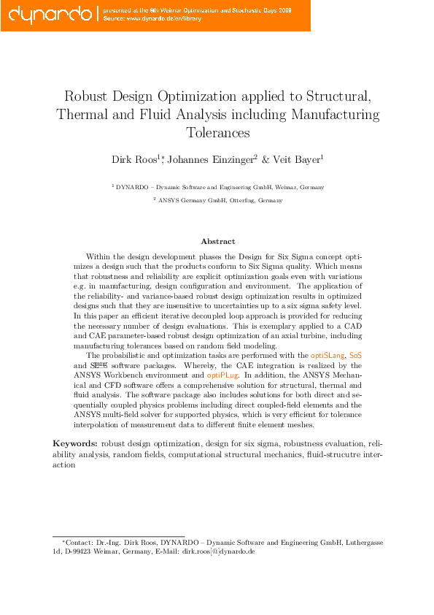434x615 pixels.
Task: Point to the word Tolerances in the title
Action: [217, 134]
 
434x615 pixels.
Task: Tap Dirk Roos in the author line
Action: [132, 159]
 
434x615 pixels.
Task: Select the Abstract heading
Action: [217, 241]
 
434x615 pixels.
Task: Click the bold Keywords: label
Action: [75, 443]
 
